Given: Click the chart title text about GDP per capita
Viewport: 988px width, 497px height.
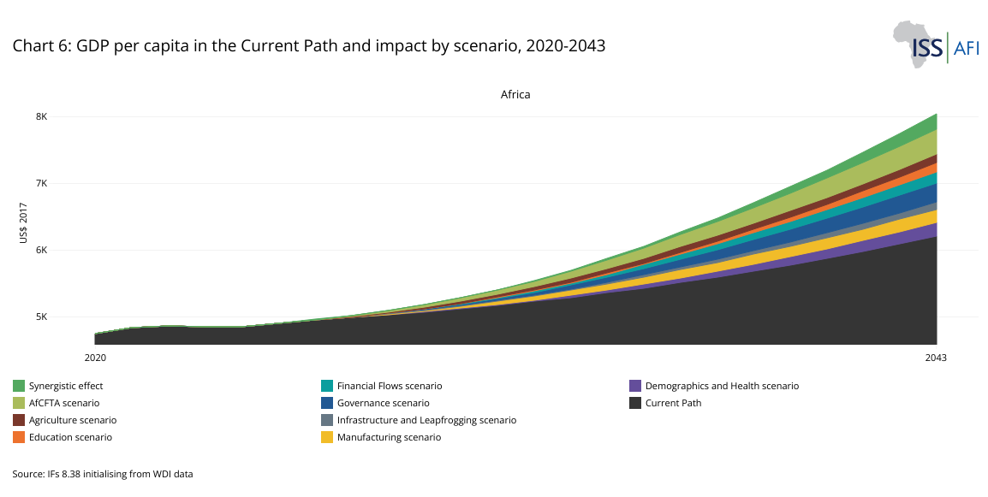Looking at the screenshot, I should coord(308,46).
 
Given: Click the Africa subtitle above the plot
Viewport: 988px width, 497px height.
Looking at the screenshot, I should coord(515,94).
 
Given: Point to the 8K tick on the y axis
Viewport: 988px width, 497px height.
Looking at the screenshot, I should coord(65,116).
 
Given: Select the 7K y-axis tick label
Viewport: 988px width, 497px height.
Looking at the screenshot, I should coord(65,183).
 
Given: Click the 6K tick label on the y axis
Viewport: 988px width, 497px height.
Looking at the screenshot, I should coord(65,250).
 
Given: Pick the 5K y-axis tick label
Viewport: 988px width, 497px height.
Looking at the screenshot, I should coord(65,317).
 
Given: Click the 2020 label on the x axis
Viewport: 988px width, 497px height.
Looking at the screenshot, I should coord(95,358).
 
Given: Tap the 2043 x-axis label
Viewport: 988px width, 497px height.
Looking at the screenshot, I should coord(936,358).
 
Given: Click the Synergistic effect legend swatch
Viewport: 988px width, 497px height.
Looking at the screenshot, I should coord(19,386).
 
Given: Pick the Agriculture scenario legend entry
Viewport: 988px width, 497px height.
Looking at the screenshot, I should coord(72,420).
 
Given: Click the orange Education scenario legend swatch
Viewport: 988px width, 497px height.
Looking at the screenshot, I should coord(19,437).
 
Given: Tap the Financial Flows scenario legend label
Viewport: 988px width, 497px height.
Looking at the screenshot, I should coord(390,386).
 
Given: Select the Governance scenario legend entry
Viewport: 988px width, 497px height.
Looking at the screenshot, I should coord(383,403).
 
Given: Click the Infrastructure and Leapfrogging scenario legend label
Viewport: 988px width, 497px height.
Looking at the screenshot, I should coord(426,420).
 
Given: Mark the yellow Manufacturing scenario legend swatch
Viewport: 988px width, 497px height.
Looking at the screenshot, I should coord(327,437).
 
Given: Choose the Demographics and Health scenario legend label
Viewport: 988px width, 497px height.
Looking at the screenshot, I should coord(722,386).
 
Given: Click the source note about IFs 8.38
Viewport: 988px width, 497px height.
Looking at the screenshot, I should coord(103,473).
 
